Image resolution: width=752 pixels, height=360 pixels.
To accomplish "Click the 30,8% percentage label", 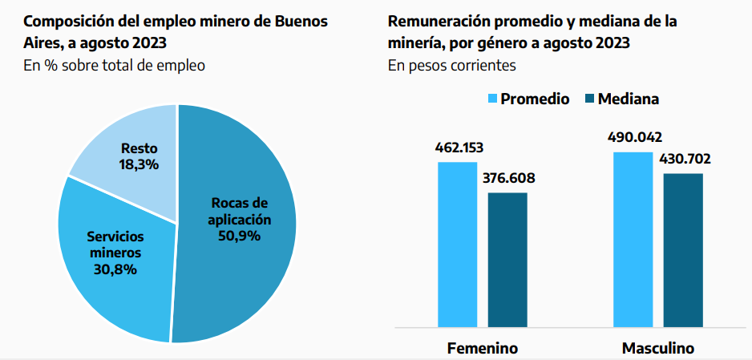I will click(x=114, y=269).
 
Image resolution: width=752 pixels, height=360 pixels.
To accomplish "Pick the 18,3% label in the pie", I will click(x=139, y=164).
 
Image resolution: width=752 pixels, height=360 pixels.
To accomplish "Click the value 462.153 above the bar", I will click(x=459, y=148).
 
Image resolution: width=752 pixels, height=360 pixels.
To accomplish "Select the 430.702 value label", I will click(x=684, y=159).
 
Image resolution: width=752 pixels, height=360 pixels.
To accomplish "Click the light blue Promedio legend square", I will click(x=493, y=99).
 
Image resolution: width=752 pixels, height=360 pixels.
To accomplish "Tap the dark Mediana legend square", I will click(x=589, y=99).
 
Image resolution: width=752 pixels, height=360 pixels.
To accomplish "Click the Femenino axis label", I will click(x=482, y=349).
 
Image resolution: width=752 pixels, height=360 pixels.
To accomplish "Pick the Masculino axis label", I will click(x=657, y=349).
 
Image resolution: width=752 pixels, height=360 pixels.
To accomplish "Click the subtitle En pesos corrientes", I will click(x=451, y=66).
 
